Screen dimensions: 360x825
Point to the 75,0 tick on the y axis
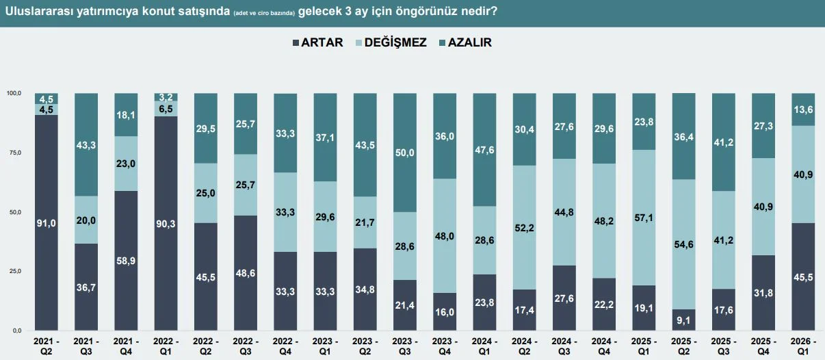[14, 153]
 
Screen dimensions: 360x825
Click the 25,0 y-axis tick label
[14, 272]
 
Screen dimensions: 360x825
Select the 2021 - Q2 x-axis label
[46, 345]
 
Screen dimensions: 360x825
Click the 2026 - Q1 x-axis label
[804, 345]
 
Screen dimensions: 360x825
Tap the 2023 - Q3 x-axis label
[404, 345]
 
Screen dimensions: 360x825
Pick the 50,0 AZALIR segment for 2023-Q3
[404, 152]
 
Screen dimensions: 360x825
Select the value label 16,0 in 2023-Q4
[444, 313]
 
